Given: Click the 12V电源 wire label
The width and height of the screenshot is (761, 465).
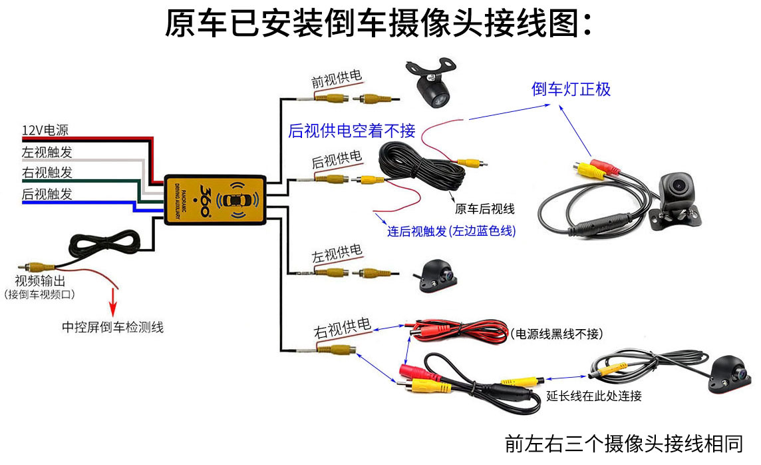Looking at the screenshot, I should tap(45, 131).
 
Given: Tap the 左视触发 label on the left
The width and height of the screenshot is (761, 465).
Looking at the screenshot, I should tap(47, 152).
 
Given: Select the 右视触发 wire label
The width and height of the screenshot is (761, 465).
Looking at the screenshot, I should tap(47, 173).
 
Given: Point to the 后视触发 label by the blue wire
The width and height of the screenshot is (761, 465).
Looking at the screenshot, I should tap(47, 194).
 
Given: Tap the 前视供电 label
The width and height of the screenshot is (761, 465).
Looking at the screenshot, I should tap(337, 79).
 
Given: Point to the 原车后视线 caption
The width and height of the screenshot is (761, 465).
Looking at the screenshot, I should tap(485, 209).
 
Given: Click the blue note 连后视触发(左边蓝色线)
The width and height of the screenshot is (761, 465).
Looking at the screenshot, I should tap(452, 231).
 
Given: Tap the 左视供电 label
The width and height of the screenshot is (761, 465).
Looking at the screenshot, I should tap(337, 254).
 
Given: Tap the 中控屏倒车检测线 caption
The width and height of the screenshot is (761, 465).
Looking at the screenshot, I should tap(112, 327).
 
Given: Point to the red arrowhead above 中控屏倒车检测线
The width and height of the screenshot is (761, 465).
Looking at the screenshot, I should tap(113, 308).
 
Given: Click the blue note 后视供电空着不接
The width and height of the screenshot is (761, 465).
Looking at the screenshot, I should tap(351, 131).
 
